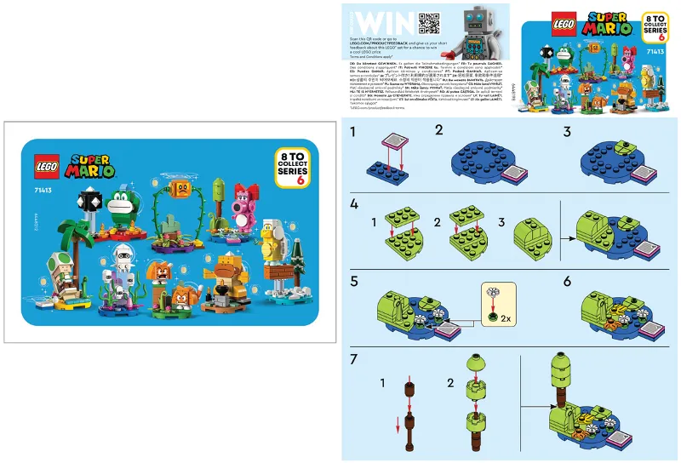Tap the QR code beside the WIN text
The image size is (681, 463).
[x=405, y=22]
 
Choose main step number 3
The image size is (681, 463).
[x=567, y=132]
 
